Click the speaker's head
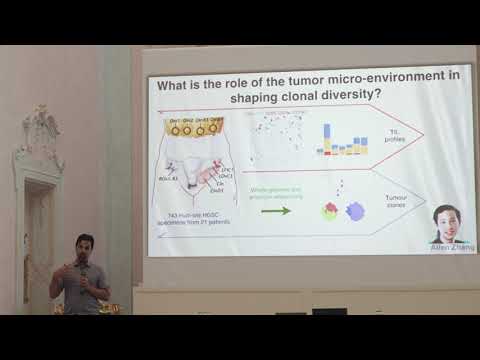[x=84, y=246]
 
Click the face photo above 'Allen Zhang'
[x=446, y=222]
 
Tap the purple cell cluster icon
[x=356, y=211]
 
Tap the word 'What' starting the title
[x=176, y=86]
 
